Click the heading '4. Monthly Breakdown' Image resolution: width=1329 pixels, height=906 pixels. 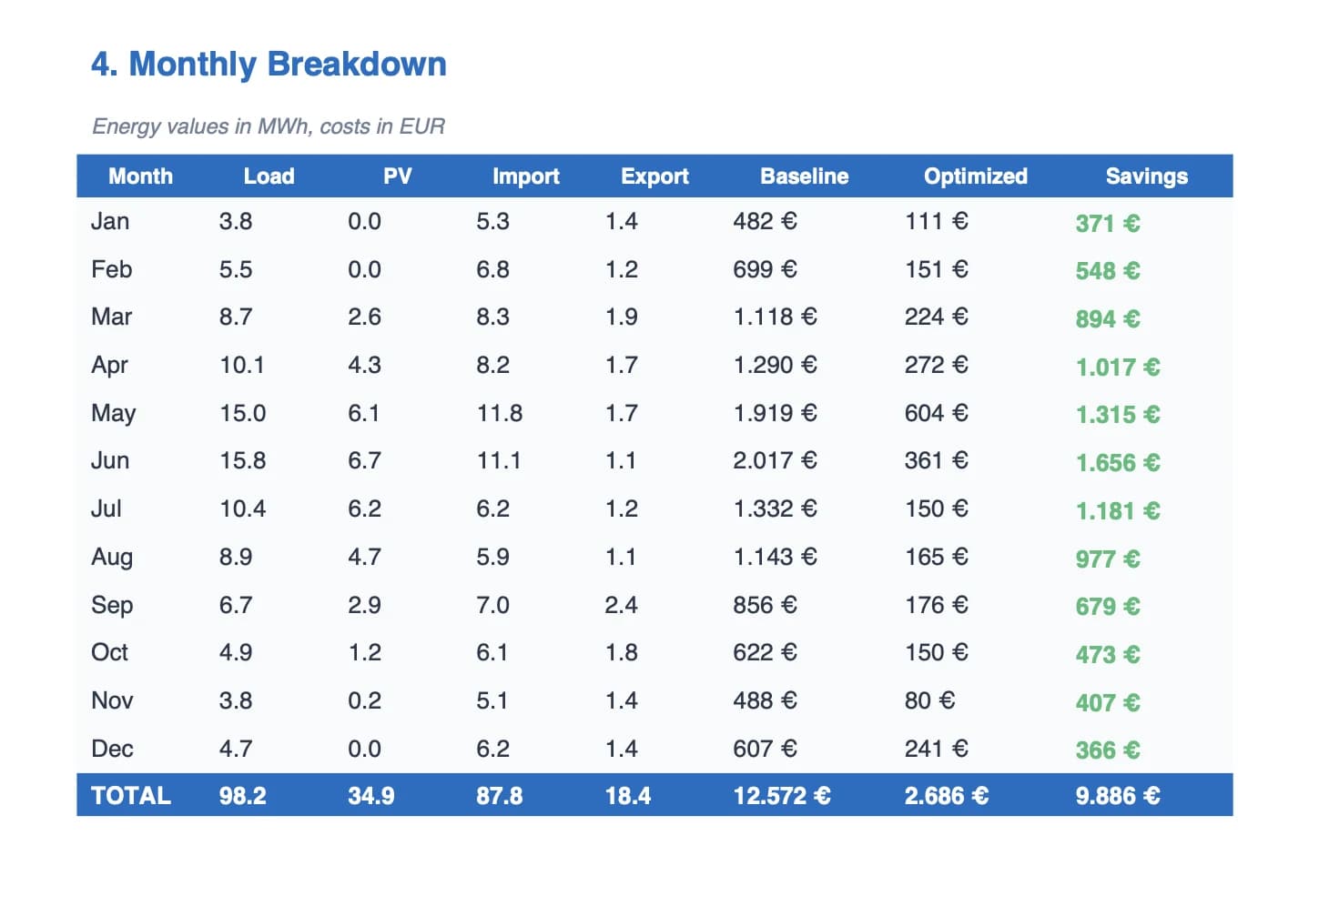[x=269, y=64]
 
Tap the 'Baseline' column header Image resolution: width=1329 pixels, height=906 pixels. [x=805, y=176]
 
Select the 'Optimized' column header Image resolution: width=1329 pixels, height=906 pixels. [x=976, y=176]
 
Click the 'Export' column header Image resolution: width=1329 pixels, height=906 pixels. [x=654, y=176]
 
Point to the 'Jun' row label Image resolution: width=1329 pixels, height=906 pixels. [x=110, y=460]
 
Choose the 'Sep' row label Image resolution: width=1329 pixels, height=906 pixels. [x=112, y=606]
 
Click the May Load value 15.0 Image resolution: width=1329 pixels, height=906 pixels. [x=243, y=413]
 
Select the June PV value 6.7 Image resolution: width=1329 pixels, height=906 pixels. [x=364, y=460]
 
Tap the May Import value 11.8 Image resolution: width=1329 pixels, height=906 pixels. [x=500, y=413]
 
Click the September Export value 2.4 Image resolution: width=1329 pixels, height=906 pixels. [x=621, y=605]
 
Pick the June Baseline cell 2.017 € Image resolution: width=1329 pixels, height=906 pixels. [x=775, y=460]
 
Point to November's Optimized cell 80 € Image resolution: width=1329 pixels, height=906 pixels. [x=929, y=700]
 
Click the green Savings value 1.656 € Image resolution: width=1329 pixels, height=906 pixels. [x=1118, y=463]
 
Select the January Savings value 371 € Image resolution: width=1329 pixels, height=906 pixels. [x=1108, y=224]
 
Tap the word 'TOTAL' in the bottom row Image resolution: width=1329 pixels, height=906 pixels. [x=131, y=796]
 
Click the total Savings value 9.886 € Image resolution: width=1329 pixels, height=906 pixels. [x=1118, y=796]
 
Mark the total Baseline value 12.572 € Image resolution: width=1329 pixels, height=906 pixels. [x=782, y=796]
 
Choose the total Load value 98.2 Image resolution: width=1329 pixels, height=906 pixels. [x=243, y=796]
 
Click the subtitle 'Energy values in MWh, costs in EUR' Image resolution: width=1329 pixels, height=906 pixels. [x=269, y=126]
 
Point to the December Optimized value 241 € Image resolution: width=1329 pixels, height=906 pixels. [x=937, y=749]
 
